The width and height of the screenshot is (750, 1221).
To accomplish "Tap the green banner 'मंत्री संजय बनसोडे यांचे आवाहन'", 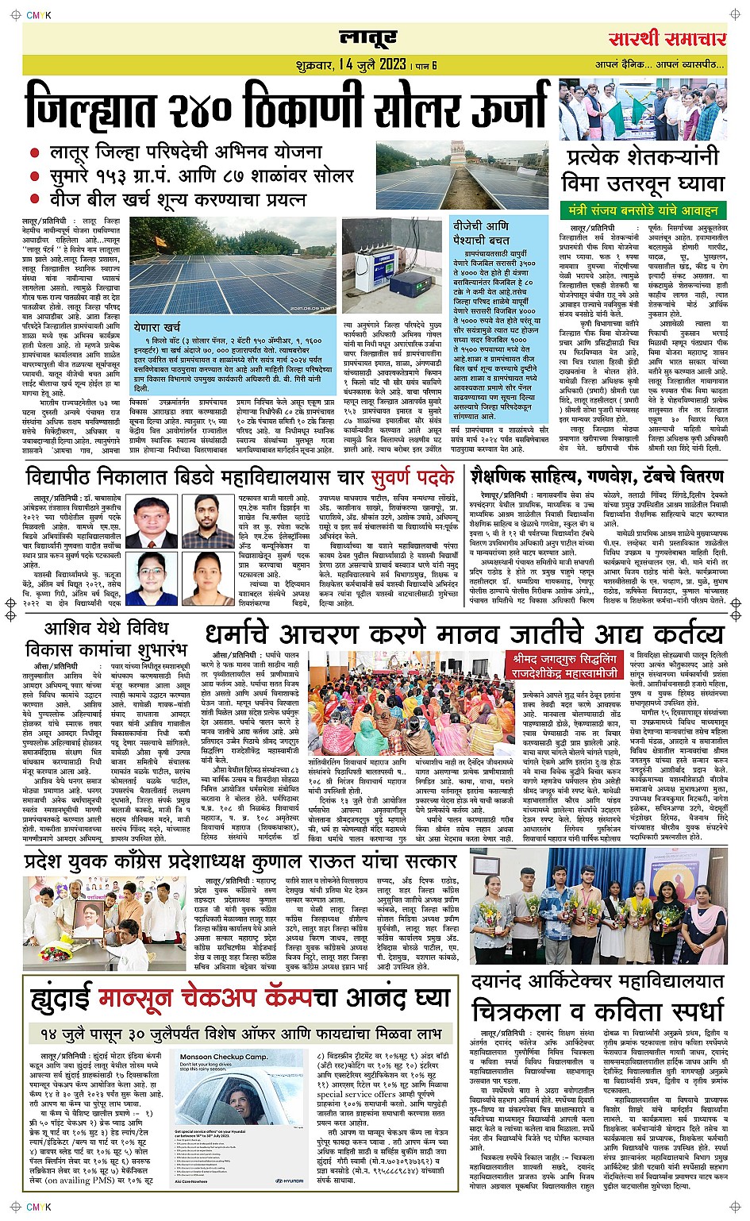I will pos(643,210).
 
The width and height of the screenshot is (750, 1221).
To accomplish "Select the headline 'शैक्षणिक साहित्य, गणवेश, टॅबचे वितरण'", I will pos(597,476).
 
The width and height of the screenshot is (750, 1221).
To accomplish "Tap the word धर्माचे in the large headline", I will pos(253,634).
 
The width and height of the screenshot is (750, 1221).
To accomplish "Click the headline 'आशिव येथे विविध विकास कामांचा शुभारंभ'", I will pos(105,640).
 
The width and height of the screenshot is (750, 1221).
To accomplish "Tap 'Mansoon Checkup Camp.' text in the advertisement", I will pos(223,1056).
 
